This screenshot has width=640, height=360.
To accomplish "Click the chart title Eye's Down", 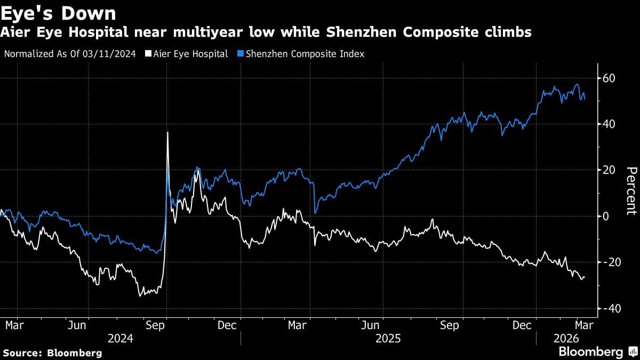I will pos(59,12).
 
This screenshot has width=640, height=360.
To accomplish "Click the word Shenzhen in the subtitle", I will pos(427,33).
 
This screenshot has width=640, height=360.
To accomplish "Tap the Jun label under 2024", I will pos(78,325).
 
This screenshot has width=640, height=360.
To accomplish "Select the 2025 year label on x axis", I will pos(388,338).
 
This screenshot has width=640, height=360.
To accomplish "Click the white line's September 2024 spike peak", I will pos(167,132).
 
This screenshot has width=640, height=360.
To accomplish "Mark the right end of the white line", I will pos(584,277).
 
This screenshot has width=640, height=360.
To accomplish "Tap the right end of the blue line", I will pos(585,99).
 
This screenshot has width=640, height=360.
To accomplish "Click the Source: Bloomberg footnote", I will pos(52,353).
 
